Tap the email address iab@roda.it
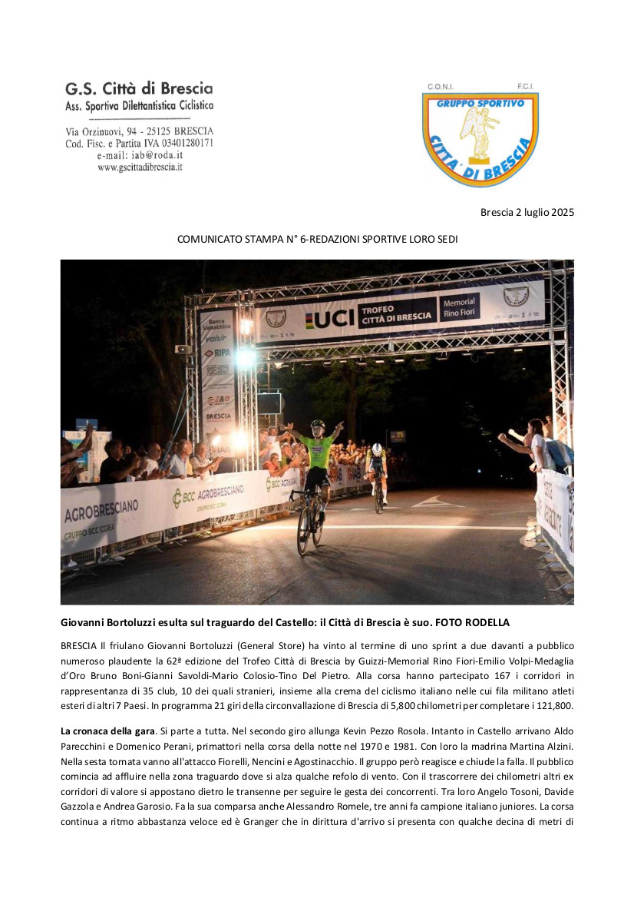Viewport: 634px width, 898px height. [150, 155]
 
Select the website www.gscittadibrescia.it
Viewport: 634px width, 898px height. [140, 167]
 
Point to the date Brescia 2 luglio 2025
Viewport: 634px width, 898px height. [527, 212]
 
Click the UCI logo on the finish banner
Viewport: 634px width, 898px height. [330, 317]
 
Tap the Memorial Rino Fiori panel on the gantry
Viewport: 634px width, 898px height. [459, 307]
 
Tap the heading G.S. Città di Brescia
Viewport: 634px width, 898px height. [139, 89]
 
